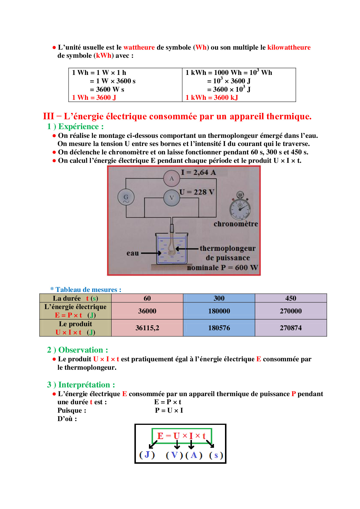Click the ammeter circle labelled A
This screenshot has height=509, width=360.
[172, 178]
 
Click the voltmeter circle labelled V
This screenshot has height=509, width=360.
[172, 198]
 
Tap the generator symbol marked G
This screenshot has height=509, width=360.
[126, 197]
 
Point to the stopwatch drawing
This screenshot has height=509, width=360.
[240, 206]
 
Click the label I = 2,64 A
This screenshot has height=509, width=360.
[198, 172]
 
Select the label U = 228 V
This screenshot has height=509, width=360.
[197, 192]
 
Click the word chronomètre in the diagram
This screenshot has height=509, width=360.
[235, 224]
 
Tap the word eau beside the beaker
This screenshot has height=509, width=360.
[132, 253]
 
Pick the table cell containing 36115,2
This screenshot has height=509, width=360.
[147, 328]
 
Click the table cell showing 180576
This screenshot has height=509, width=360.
[219, 328]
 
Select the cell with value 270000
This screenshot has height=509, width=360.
[291, 311]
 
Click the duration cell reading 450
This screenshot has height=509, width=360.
[291, 298]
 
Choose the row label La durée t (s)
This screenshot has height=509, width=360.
[75, 298]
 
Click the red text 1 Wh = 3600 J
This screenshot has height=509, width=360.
[94, 98]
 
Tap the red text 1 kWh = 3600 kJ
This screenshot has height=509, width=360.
[212, 98]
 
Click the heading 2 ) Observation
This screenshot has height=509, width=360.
[78, 350]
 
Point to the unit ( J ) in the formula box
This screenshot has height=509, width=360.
[147, 455]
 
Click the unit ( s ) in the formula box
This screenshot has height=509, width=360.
[216, 455]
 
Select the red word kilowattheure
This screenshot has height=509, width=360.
[289, 47]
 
